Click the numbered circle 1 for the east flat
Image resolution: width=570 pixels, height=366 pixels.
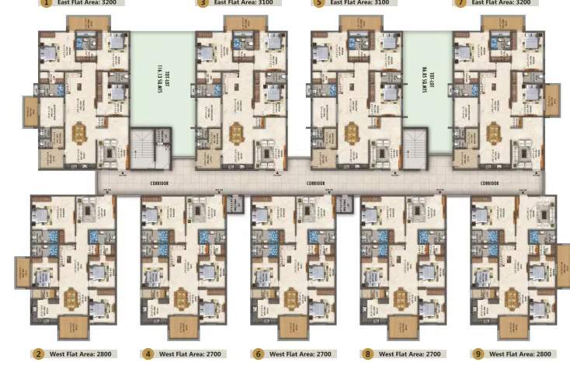coord(46,3)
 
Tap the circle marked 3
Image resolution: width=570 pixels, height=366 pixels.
coord(203,3)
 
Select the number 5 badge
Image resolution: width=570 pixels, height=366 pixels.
coord(318,3)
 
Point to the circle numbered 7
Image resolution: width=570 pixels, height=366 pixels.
coord(460,3)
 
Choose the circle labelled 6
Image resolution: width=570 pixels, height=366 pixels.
coord(259,354)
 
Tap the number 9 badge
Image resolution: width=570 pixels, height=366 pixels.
coord(478,354)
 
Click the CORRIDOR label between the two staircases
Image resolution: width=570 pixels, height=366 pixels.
coord(316,183)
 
